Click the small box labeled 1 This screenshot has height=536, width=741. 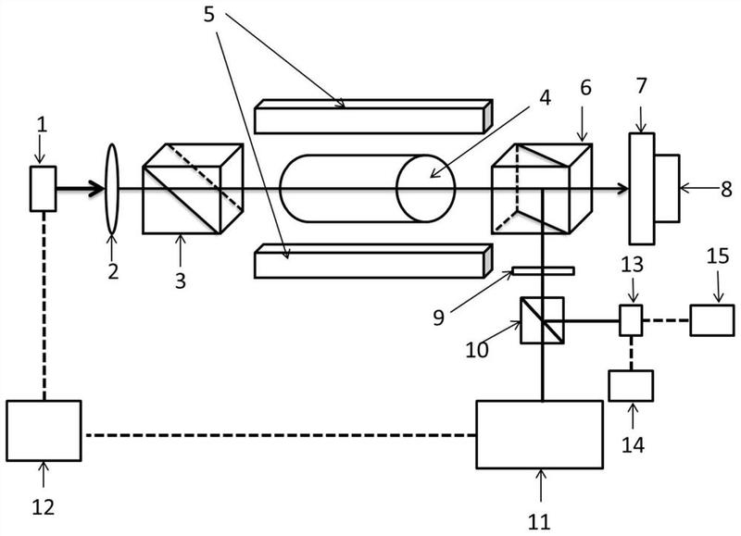(44, 189)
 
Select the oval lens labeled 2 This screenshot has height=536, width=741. (112, 189)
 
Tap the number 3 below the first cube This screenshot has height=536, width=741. (181, 281)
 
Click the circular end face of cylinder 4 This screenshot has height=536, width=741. (426, 188)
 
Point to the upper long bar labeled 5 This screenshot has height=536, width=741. (374, 117)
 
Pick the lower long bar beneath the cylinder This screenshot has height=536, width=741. (374, 261)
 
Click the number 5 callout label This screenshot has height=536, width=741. (209, 15)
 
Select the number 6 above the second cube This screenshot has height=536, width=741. (585, 87)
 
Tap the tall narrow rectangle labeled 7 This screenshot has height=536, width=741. (642, 189)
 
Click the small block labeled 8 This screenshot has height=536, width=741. (667, 188)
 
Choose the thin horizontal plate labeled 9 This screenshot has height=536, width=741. (544, 270)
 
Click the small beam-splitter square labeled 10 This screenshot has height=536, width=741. (542, 320)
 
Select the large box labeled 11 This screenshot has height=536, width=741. (539, 434)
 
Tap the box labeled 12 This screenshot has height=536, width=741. (44, 430)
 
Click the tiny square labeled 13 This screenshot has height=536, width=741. (631, 320)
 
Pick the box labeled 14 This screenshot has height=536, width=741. (631, 386)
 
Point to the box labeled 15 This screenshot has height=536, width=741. (712, 320)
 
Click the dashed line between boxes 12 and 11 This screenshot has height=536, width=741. (279, 435)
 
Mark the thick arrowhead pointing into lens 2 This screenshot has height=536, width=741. (97, 189)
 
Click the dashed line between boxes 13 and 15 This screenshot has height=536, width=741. (666, 320)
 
